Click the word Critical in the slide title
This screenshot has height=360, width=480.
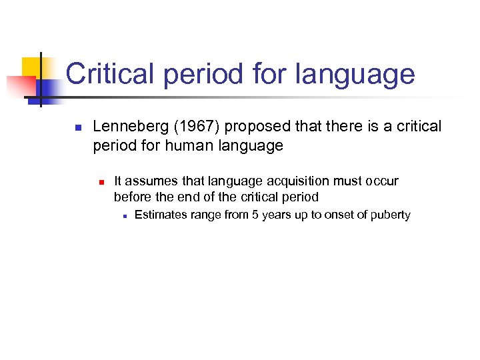(111, 74)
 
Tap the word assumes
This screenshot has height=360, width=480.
(149, 181)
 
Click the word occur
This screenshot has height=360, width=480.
(381, 181)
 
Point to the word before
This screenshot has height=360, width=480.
(134, 197)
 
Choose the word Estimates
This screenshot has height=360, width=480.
(161, 215)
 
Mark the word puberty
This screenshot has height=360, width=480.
(390, 215)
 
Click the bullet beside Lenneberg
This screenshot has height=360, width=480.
(77, 127)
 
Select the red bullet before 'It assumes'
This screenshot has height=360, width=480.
(100, 181)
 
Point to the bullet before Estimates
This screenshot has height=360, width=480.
(124, 215)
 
